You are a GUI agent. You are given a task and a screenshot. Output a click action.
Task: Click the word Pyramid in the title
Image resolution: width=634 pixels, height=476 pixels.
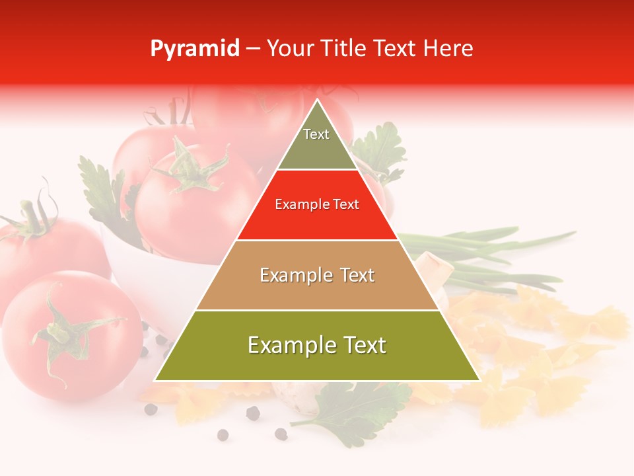[x=194, y=49]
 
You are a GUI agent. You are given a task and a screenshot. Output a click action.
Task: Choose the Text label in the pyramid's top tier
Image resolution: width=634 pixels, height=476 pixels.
[x=316, y=135]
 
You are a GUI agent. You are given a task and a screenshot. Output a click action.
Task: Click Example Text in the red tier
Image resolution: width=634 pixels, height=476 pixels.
[x=317, y=205]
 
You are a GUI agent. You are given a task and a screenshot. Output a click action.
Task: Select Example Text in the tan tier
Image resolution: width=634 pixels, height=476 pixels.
[x=317, y=275]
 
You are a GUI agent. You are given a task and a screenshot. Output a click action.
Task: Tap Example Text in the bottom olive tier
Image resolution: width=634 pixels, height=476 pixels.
[x=317, y=345]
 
